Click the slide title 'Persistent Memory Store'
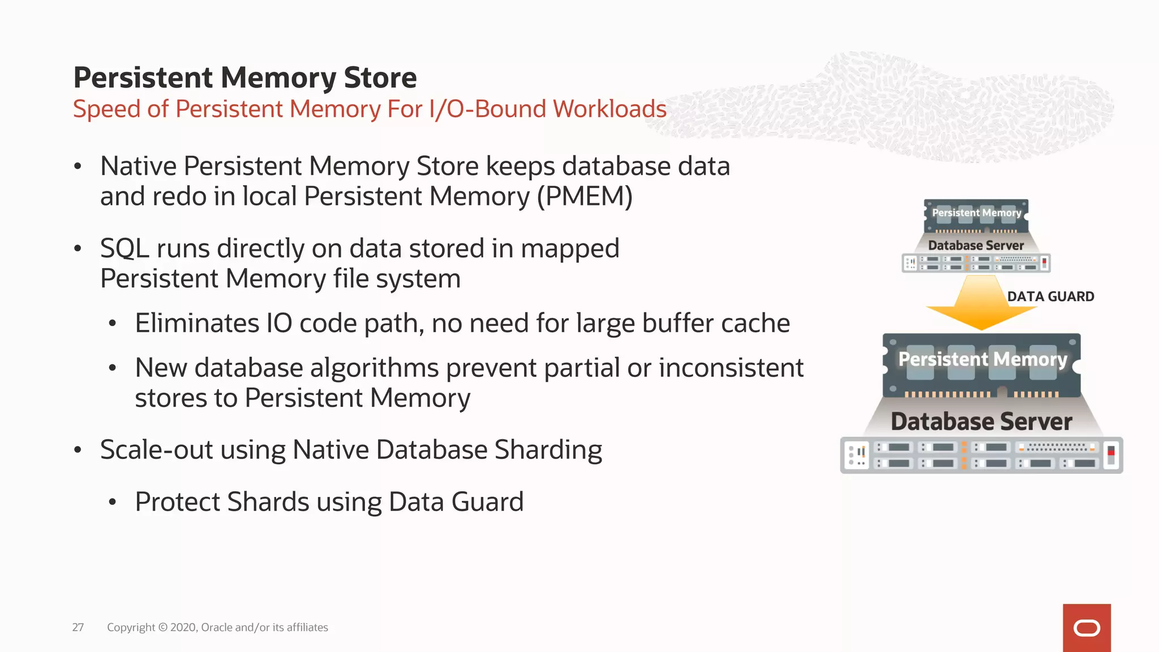pos(244,78)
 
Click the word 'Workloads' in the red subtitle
pos(609,109)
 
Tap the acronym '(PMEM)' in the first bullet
pos(585,196)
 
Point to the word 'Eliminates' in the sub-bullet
pos(196,323)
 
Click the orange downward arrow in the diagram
pos(981,303)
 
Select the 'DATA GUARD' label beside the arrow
pos(1050,297)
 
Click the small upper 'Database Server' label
pos(976,246)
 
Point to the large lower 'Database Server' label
pos(981,422)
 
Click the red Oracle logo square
pos(1087,628)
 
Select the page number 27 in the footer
pos(78,627)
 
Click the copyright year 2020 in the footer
pos(183,627)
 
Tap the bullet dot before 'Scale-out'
pos(78,451)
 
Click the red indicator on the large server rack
pos(1111,452)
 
